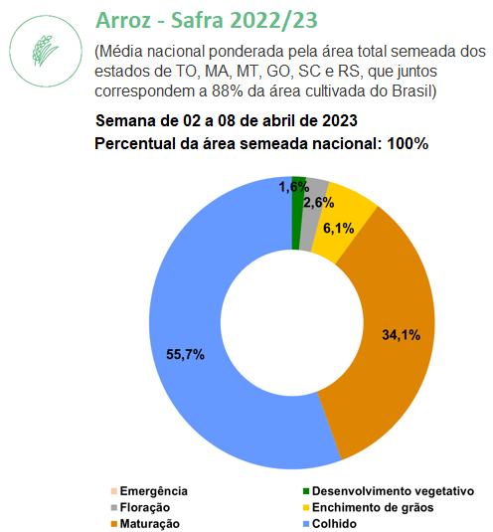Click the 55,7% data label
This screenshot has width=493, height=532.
click(x=185, y=355)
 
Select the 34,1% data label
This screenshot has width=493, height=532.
click(x=402, y=335)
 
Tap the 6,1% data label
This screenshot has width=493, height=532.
click(x=338, y=229)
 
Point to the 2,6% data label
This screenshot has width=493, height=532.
click(x=318, y=203)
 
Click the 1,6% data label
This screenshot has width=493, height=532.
click(x=293, y=187)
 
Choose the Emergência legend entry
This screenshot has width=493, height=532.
click(x=149, y=491)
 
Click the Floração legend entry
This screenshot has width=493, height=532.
click(x=140, y=507)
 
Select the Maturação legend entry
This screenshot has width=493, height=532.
click(x=145, y=523)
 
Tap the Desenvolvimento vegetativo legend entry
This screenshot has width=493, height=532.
click(x=389, y=491)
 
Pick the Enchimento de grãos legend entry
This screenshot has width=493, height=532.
click(x=368, y=507)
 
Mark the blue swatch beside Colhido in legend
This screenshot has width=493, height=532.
click(x=306, y=524)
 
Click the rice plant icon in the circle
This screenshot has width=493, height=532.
click(x=45, y=51)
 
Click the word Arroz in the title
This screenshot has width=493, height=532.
click(x=123, y=20)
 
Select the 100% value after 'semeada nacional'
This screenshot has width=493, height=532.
click(x=408, y=143)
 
